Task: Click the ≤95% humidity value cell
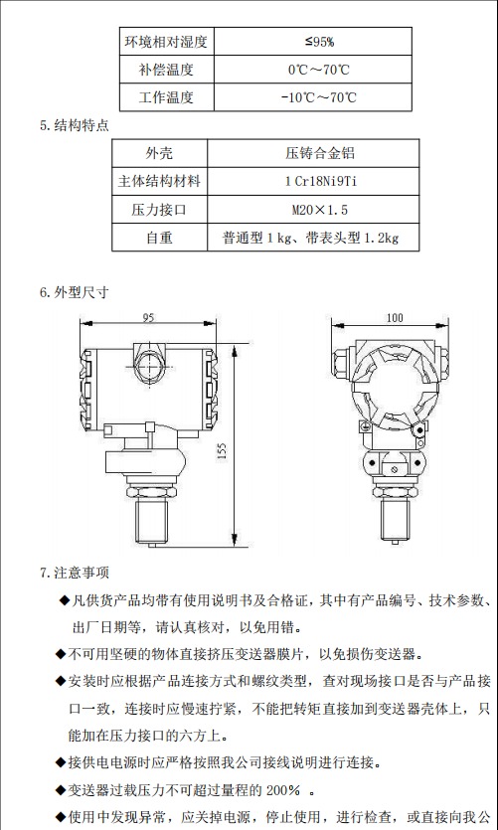pyautogui.click(x=318, y=42)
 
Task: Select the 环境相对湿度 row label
pyautogui.click(x=164, y=42)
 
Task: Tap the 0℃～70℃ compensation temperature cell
pyautogui.click(x=318, y=70)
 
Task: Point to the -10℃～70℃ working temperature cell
pyautogui.click(x=318, y=97)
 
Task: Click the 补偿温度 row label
pyautogui.click(x=164, y=70)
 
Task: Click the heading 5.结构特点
pyautogui.click(x=74, y=126)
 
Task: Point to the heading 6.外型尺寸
pyautogui.click(x=74, y=293)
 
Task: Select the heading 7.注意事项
pyautogui.click(x=74, y=573)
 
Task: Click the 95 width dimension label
pyautogui.click(x=148, y=318)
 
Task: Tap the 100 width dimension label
pyautogui.click(x=395, y=318)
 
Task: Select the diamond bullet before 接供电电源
pyautogui.click(x=61, y=763)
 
